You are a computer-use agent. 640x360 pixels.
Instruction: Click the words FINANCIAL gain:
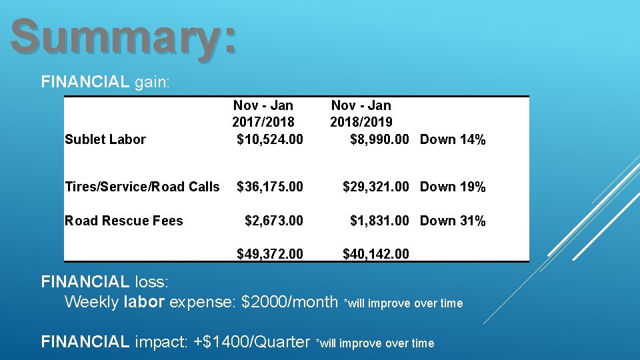click(105, 83)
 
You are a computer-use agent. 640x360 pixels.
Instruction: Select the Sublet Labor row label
click(105, 139)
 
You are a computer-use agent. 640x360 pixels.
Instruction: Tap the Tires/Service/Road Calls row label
click(142, 187)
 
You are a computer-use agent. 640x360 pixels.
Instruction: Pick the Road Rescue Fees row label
click(123, 221)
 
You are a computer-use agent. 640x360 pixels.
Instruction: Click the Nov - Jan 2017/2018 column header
click(263, 114)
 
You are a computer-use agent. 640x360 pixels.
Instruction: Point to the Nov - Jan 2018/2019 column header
click(361, 114)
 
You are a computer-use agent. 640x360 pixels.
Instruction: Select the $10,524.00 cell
click(270, 139)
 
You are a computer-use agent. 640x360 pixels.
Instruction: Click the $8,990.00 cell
click(379, 139)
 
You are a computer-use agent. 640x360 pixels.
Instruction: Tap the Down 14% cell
click(453, 139)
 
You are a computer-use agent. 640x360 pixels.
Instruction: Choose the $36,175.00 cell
click(270, 187)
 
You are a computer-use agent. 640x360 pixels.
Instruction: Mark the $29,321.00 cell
click(375, 187)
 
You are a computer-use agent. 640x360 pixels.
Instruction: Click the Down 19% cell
click(453, 187)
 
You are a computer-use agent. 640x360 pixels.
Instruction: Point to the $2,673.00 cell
click(274, 221)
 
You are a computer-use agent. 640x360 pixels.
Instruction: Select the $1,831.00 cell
click(379, 221)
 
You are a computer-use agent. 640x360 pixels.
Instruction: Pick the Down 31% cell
click(453, 221)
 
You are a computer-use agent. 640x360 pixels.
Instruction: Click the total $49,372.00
click(270, 253)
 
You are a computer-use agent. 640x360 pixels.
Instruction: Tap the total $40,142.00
click(375, 253)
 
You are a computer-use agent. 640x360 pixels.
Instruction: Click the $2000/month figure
click(289, 302)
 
